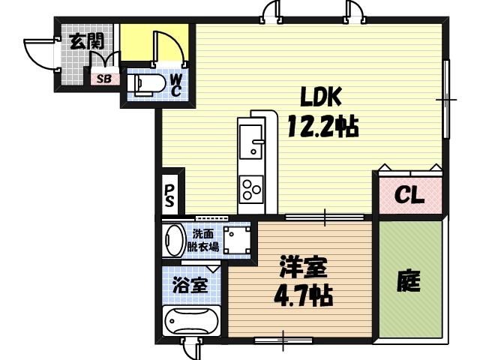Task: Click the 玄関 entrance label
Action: (86, 41)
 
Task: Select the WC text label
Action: (175, 84)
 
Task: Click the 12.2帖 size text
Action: (321, 124)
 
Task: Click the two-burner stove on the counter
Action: (250, 187)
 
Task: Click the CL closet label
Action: (409, 196)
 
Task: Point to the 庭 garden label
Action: (409, 281)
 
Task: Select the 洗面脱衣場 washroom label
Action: (205, 239)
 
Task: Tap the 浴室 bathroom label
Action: (190, 284)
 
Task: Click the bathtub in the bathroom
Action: (191, 321)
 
